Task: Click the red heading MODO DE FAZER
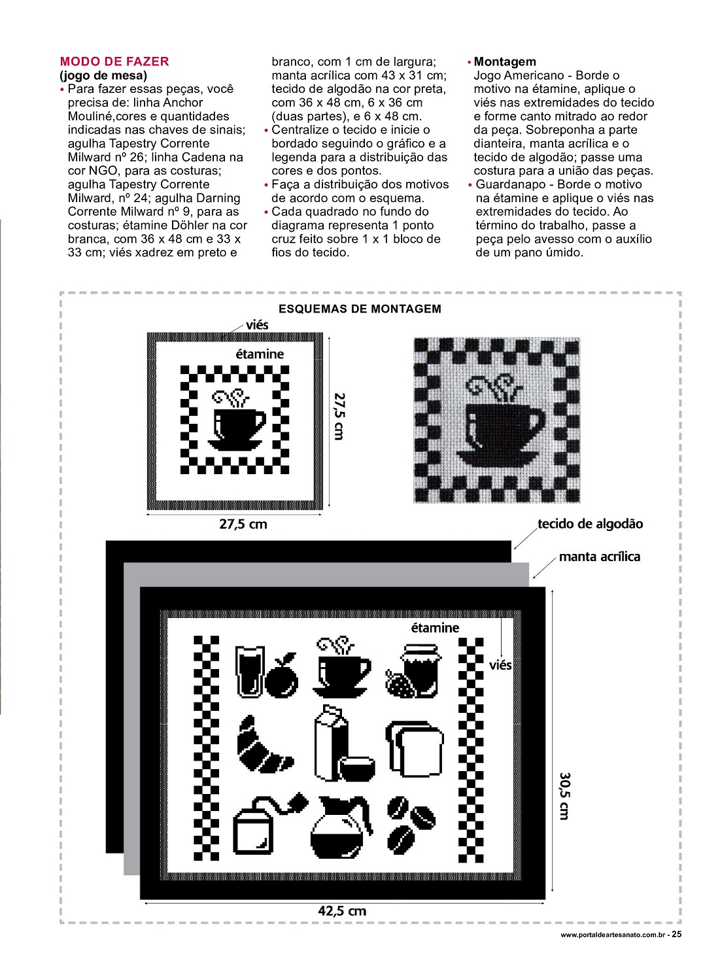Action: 114,61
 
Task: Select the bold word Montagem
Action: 504,61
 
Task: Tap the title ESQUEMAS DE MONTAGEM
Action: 360,309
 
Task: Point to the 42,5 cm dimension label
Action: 342,911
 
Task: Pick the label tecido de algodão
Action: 590,524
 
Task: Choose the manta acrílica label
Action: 599,557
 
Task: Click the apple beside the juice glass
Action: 282,676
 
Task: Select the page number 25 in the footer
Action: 677,934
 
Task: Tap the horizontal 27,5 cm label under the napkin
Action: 243,524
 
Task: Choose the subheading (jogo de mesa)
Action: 103,75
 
